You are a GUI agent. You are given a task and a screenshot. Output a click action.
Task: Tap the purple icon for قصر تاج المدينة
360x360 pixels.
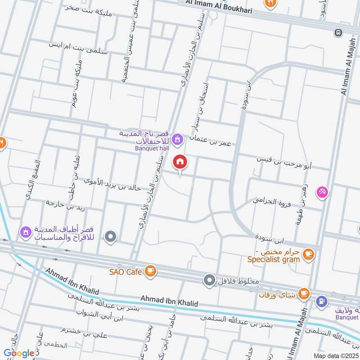178,140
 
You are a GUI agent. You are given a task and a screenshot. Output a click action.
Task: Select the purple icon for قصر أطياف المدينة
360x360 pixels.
26,232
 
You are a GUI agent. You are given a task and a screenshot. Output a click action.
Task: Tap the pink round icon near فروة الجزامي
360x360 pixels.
322,193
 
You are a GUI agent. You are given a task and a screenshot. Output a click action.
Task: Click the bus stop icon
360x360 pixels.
338,32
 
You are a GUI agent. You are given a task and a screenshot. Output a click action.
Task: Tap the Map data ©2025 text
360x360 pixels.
335,356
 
